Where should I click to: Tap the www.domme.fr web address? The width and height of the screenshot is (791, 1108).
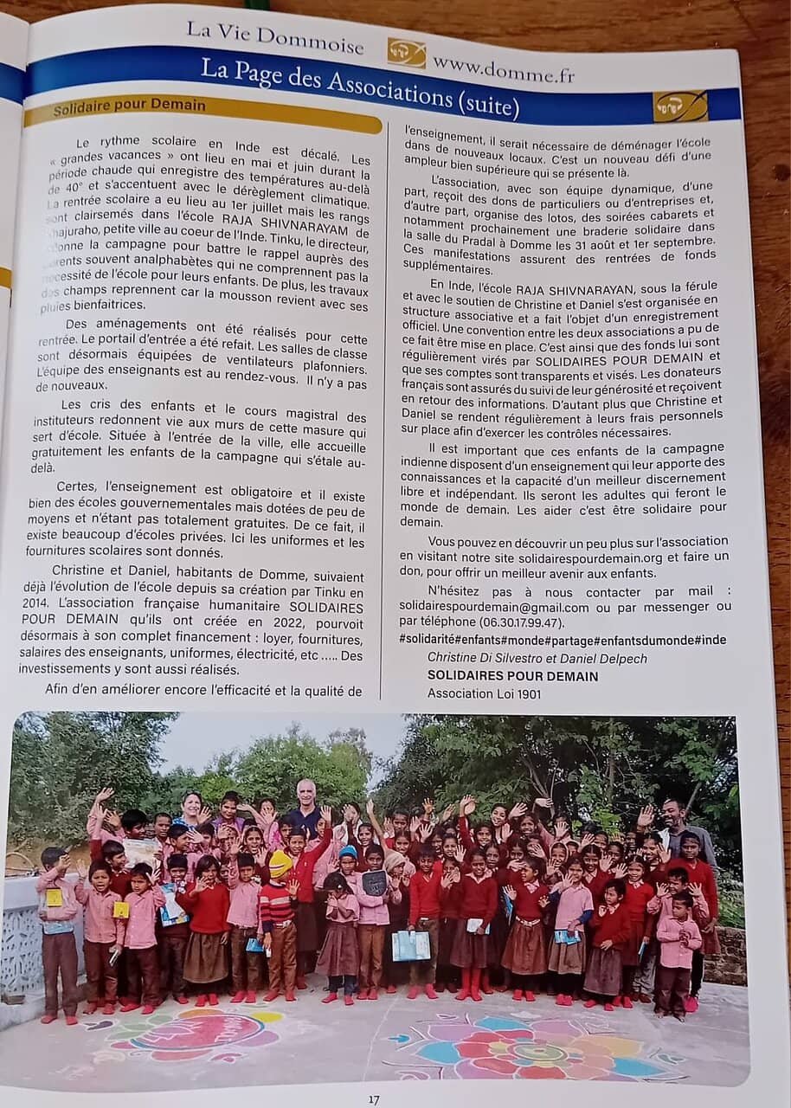503,68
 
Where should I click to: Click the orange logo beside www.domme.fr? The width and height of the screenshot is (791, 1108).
406,53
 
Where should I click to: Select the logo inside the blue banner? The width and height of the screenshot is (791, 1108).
679,106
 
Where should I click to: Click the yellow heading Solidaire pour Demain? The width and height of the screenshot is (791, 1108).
129,106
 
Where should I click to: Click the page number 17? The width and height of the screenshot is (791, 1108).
373,1099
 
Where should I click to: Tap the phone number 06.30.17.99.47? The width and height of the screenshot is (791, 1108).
515,622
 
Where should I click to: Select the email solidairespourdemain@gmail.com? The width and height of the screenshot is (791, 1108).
494,607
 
